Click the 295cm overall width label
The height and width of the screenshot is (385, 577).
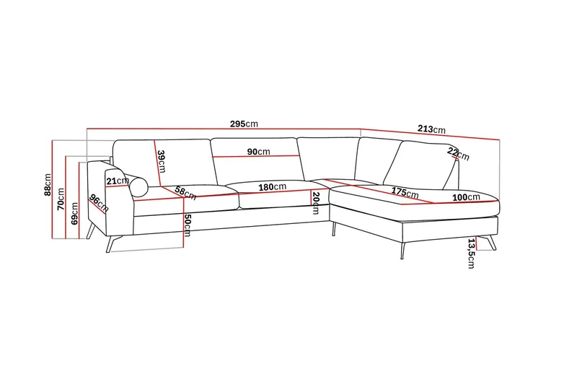pyautogui.click(x=244, y=124)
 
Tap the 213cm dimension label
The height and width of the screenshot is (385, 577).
pyautogui.click(x=431, y=129)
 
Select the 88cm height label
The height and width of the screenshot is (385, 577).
pyautogui.click(x=48, y=185)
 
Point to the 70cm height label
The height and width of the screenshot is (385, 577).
pyautogui.click(x=61, y=199)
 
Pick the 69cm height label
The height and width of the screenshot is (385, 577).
pyautogui.click(x=74, y=213)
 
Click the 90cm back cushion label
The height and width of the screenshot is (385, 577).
pyautogui.click(x=258, y=152)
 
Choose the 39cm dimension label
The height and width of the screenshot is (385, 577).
pyautogui.click(x=161, y=161)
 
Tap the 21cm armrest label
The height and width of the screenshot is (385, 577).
pyautogui.click(x=118, y=181)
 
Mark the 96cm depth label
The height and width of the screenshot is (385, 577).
pyautogui.click(x=99, y=204)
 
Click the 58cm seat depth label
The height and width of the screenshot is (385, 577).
pyautogui.click(x=185, y=193)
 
